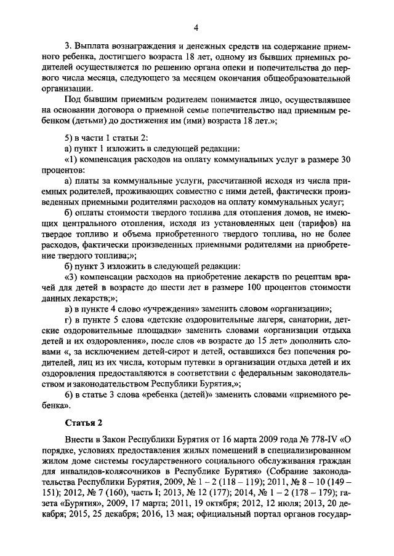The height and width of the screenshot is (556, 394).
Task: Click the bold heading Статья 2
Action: (83, 423)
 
